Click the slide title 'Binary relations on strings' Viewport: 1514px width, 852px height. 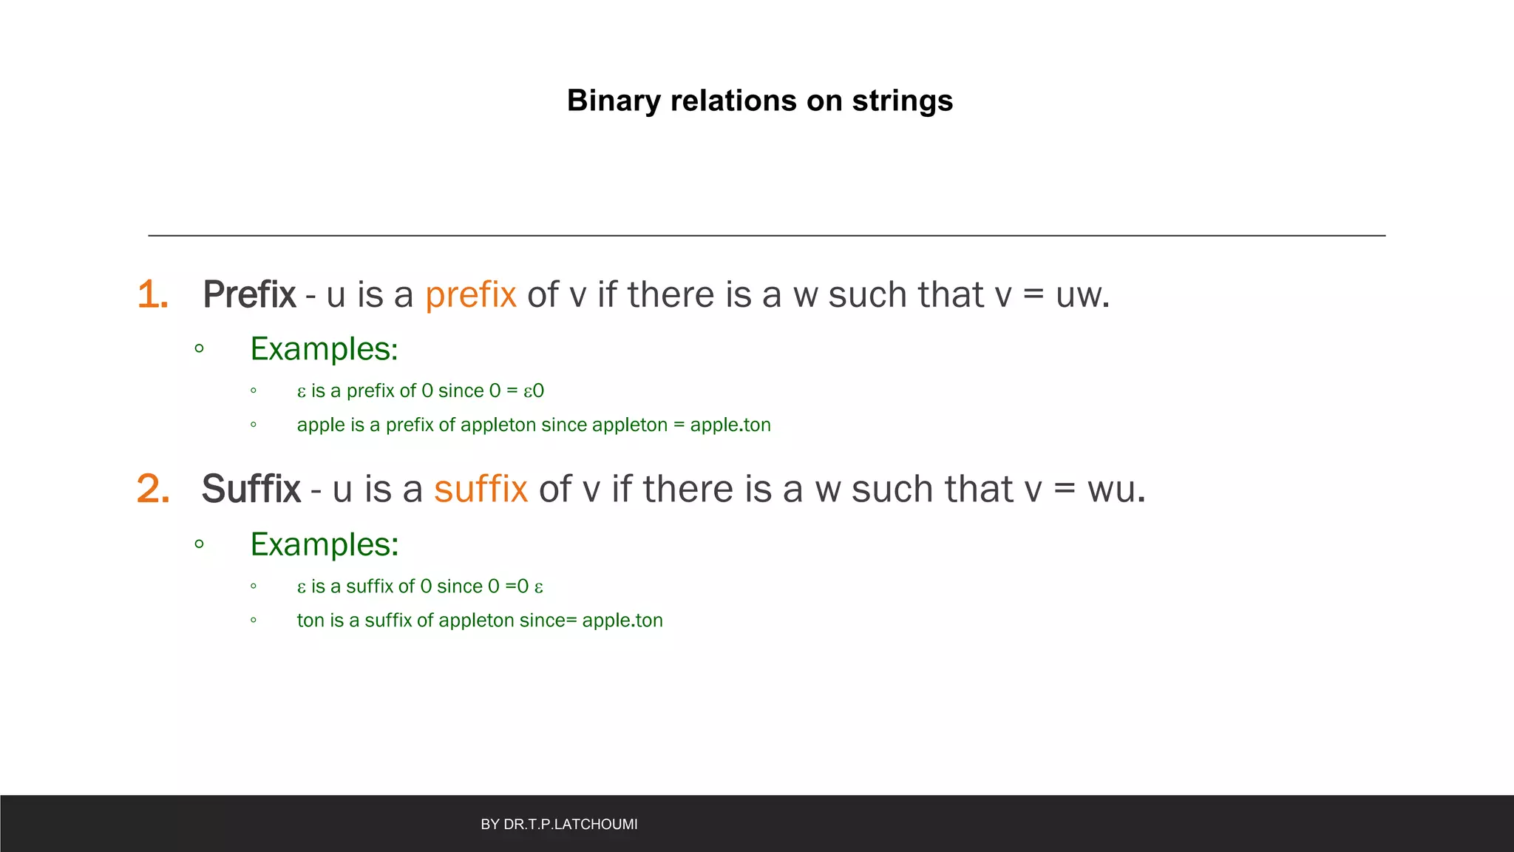[759, 101]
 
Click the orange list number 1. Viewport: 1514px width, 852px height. [152, 294]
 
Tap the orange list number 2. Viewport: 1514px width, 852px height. [153, 489]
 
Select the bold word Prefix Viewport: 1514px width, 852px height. [249, 294]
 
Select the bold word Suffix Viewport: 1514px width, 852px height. [251, 489]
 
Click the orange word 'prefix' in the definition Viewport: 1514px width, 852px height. [470, 294]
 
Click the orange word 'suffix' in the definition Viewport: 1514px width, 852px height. [481, 489]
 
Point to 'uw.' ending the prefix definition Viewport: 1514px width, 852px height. [1082, 294]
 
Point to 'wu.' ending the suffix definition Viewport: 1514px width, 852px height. [1116, 489]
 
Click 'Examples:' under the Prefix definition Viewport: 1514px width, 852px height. [324, 349]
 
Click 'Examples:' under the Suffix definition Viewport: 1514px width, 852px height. [325, 544]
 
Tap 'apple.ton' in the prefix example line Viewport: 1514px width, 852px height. [730, 425]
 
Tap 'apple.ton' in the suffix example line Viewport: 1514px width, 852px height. [622, 621]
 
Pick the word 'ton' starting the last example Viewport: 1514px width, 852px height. [310, 621]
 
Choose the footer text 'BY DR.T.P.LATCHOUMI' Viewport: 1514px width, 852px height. [559, 824]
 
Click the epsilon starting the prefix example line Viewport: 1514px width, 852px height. [302, 392]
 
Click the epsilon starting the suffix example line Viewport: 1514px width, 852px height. [302, 587]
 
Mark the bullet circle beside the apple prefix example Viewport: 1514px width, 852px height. [254, 425]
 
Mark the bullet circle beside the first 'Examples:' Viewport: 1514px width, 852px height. [199, 348]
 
